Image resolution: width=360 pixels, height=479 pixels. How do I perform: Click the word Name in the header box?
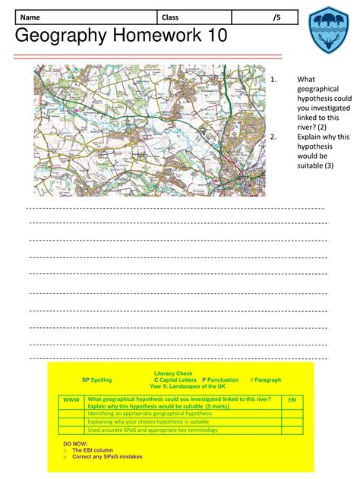pyautogui.click(x=30, y=17)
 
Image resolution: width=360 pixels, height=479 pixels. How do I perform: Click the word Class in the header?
pyautogui.click(x=171, y=17)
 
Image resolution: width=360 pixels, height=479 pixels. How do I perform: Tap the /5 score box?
pyautogui.click(x=276, y=17)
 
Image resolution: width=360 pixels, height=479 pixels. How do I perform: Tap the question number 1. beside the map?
pyautogui.click(x=273, y=79)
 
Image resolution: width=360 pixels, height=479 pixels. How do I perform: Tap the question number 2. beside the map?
pyautogui.click(x=273, y=137)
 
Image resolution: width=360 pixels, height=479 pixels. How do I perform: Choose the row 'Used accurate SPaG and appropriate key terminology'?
pyautogui.click(x=152, y=430)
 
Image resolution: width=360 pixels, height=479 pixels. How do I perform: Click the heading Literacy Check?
pyautogui.click(x=173, y=373)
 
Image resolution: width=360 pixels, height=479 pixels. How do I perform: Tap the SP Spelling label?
pyautogui.click(x=96, y=380)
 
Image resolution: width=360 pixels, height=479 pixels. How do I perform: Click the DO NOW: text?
pyautogui.click(x=75, y=443)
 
